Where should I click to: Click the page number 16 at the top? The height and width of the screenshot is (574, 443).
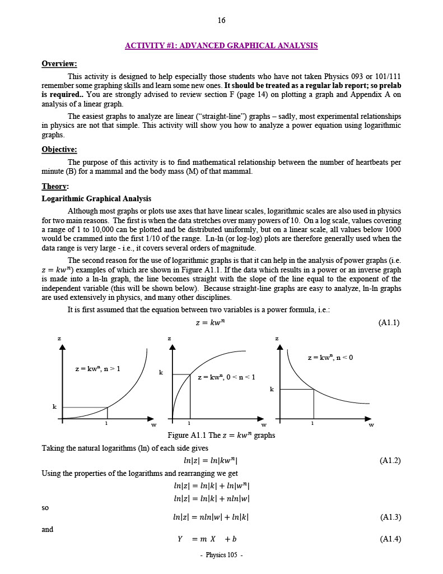coord(221,21)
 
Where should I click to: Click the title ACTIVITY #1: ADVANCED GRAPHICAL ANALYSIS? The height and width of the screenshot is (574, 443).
coord(221,45)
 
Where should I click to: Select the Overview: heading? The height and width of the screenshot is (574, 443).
coord(59,64)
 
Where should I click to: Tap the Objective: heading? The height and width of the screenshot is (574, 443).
coord(59,150)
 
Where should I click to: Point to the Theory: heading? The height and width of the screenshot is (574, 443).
coord(55,187)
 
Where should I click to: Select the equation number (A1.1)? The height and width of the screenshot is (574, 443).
coord(389,322)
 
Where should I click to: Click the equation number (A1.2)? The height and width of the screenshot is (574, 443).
coord(389,461)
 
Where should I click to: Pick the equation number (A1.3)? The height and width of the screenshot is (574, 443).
coord(389,517)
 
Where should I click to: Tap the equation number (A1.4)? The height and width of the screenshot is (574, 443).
coord(389,539)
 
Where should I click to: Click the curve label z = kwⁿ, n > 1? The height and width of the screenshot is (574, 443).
coord(97,369)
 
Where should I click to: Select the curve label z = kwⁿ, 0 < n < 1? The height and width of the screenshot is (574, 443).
coord(226,377)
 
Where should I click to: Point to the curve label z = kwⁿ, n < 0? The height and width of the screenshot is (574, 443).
coord(330,358)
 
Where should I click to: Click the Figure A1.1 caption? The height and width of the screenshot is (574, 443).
coord(221,436)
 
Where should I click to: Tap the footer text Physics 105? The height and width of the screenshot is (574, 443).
coord(221,555)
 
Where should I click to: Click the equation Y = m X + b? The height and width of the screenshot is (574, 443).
coord(207,539)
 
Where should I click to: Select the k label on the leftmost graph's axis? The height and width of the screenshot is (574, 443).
coord(54,407)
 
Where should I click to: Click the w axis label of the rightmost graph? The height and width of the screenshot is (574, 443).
coord(371,425)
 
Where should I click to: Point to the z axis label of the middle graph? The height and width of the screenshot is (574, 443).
coord(170,338)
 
